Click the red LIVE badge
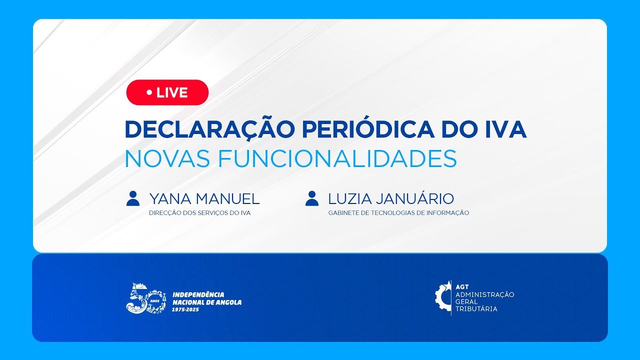click(x=167, y=92)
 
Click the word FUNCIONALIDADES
click(x=337, y=158)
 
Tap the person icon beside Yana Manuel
click(x=133, y=198)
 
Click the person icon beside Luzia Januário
click(x=312, y=198)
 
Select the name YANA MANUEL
click(x=204, y=199)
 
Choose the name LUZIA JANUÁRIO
click(x=391, y=199)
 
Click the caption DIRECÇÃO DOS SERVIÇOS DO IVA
click(x=199, y=213)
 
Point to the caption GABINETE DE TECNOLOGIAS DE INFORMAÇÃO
click(x=398, y=213)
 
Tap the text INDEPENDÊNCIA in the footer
click(x=198, y=295)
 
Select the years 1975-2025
click(x=185, y=310)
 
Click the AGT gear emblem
click(x=443, y=298)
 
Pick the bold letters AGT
click(x=462, y=287)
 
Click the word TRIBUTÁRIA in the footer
click(x=476, y=309)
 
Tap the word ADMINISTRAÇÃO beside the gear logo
click(x=484, y=294)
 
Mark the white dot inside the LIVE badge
click(x=149, y=92)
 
